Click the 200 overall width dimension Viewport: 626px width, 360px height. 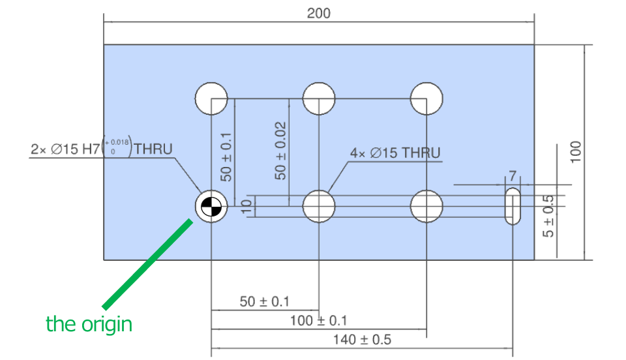[319, 13]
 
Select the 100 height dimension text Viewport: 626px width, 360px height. [575, 152]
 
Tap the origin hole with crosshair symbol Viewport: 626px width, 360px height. [211, 207]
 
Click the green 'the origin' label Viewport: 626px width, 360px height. [89, 323]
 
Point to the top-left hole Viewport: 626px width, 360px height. [211, 99]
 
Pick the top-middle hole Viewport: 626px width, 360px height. [319, 99]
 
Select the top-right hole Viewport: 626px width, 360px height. [426, 99]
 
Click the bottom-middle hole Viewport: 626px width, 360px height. [319, 207]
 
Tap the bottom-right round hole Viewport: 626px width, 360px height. [426, 207]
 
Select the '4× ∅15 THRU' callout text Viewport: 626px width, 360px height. [395, 153]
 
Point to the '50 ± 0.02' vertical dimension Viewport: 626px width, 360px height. [280, 151]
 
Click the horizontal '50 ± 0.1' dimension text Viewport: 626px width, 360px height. [265, 301]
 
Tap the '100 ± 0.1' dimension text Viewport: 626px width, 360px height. [318, 320]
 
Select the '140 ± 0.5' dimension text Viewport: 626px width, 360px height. [362, 340]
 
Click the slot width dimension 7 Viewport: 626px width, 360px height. [513, 176]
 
